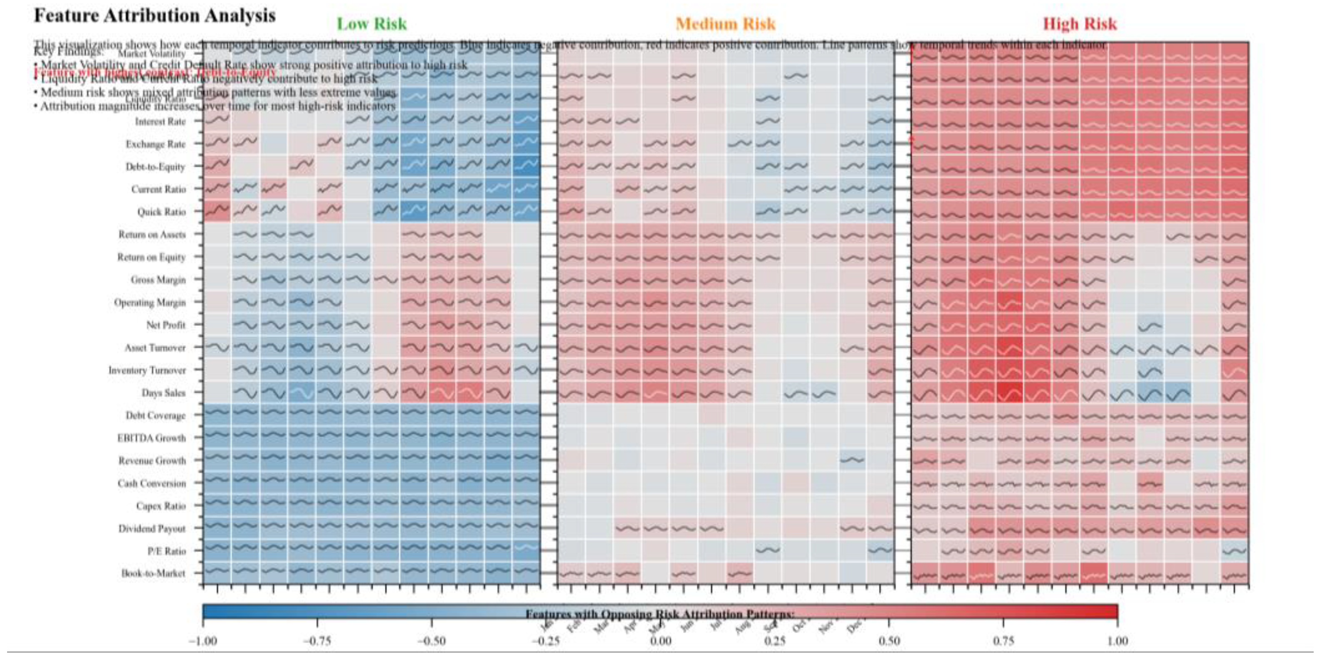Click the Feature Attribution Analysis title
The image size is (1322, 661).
point(154,16)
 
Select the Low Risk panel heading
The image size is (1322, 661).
point(371,24)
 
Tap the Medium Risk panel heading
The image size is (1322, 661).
point(725,24)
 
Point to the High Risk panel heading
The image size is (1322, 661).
point(1080,24)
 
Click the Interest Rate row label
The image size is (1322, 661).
point(160,122)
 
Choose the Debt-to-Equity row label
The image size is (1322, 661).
point(155,167)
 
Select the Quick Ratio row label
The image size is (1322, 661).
point(161,212)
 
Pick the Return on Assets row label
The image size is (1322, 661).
point(152,234)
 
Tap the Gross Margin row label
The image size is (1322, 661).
point(158,280)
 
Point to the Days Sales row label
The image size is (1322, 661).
point(163,392)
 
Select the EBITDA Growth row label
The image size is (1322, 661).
point(151,438)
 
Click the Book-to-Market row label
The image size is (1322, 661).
point(153,573)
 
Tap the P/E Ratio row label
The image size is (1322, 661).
point(166,551)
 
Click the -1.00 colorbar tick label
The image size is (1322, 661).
point(203,641)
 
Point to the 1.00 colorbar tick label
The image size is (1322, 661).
point(1117,641)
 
